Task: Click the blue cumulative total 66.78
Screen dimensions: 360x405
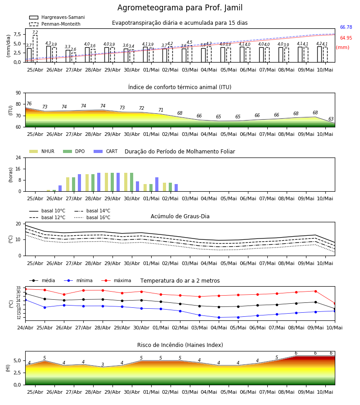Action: (x=346, y=27)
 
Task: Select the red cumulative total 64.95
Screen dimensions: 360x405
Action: (x=346, y=38)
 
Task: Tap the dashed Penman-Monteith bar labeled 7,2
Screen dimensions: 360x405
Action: (x=35, y=49)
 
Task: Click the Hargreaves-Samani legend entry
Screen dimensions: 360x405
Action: (x=57, y=17)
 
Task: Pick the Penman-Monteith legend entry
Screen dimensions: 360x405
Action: (x=55, y=24)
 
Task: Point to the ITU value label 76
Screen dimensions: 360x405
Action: (x=29, y=103)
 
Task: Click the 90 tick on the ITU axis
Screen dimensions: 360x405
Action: (x=18, y=93)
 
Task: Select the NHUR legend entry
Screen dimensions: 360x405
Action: (x=42, y=151)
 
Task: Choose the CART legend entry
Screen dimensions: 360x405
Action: (x=106, y=151)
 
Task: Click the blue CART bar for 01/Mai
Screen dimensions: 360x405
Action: (x=157, y=184)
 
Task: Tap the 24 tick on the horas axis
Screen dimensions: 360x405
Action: (x=18, y=157)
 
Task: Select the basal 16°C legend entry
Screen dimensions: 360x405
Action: (x=92, y=217)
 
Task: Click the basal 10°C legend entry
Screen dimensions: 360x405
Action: (x=47, y=211)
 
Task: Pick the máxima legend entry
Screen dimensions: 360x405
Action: (x=116, y=280)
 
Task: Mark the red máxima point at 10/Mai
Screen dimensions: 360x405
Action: (x=335, y=303)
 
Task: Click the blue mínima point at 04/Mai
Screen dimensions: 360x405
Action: (x=219, y=317)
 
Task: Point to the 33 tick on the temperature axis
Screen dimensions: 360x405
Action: (x=18, y=288)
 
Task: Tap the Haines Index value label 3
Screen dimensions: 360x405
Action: (x=103, y=364)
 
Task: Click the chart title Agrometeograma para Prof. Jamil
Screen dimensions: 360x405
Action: (x=180, y=8)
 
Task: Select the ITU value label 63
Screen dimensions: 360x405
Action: (x=331, y=119)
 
